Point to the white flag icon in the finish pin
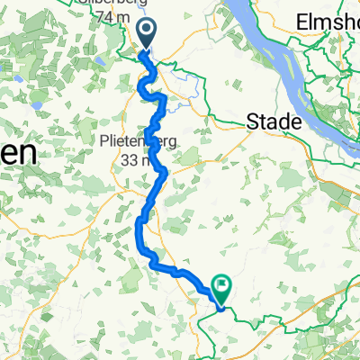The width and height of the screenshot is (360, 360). point(220,284)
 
